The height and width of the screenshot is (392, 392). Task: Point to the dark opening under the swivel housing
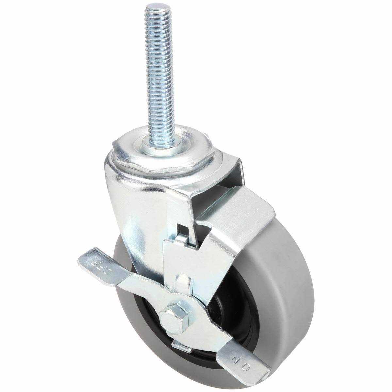212,196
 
